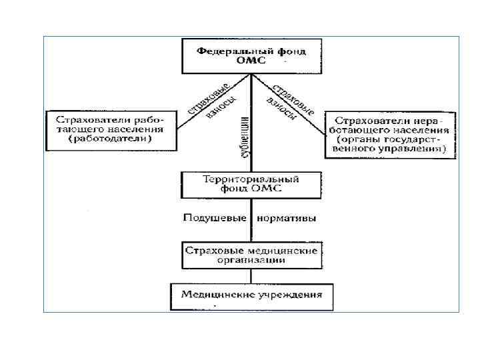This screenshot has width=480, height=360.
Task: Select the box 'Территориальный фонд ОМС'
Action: coord(251,184)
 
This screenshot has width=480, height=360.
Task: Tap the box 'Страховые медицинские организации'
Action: coord(251,255)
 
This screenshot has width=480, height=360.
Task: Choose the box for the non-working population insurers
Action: coord(390,134)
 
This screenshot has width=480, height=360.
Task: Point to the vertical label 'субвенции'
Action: coord(245,137)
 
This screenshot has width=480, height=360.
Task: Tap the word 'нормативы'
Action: coord(287,218)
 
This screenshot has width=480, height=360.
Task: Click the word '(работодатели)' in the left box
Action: coord(111,139)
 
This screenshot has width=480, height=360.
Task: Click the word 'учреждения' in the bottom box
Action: coord(293,294)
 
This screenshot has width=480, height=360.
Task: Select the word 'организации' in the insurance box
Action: coord(251,260)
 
